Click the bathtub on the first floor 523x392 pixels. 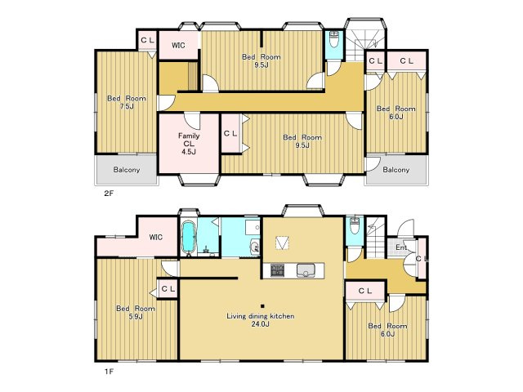click(189, 238)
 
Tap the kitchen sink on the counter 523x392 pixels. click(305, 270)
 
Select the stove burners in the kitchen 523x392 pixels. click(277, 270)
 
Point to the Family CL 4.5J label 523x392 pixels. click(189, 144)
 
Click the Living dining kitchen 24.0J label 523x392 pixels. click(261, 319)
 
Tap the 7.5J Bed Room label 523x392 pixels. click(127, 102)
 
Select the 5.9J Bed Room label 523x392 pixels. click(136, 312)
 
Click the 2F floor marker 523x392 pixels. click(109, 193)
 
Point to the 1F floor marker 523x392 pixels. click(109, 372)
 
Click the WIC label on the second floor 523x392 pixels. click(178, 45)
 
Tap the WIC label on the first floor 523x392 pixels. click(156, 237)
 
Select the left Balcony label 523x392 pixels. click(127, 170)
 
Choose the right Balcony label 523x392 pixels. click(396, 170)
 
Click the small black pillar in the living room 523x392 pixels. click(263, 306)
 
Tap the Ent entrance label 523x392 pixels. click(401, 247)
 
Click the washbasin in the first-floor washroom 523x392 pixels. click(255, 247)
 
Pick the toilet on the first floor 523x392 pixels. click(354, 227)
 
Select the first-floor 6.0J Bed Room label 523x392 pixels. click(387, 330)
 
